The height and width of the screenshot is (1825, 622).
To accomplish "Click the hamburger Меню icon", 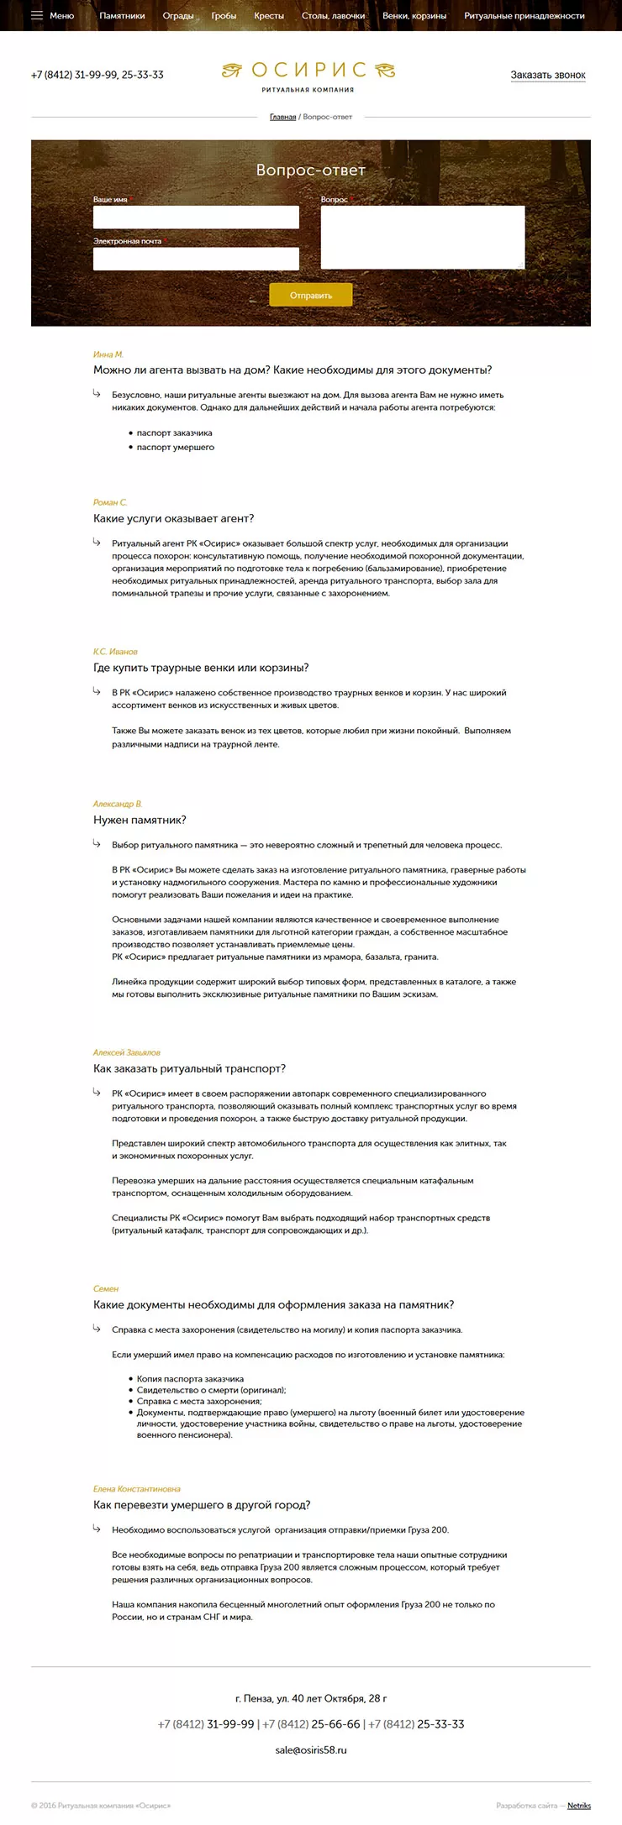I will [37, 15].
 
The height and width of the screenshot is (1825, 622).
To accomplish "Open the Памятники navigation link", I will [122, 16].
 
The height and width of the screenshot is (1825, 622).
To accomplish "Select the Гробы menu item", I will [224, 16].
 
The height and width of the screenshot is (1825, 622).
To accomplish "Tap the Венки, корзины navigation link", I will [414, 16].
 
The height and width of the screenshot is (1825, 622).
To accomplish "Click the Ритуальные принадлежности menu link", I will [524, 16].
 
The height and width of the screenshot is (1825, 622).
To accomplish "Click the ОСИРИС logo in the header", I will [308, 75].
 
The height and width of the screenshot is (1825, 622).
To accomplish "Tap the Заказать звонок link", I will [548, 76].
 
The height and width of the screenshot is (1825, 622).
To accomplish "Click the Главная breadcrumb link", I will [282, 117].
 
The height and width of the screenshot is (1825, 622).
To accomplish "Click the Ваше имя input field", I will [196, 218].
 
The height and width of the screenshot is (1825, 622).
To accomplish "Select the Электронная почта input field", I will [196, 259].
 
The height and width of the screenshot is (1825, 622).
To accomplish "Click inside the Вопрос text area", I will [422, 238].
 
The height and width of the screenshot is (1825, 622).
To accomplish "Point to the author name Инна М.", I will [108, 354].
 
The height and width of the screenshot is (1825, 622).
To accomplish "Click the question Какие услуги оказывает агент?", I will [173, 519].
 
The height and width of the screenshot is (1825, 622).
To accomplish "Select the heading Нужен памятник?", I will [140, 821].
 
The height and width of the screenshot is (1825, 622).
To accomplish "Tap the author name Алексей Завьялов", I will [126, 1052].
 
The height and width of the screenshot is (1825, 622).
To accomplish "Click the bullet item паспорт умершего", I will [176, 448].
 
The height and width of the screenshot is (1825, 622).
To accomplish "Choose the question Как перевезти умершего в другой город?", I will [202, 1505].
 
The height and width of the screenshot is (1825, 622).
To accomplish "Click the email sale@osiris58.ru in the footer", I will [311, 1750].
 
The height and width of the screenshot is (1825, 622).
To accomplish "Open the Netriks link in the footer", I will [578, 1806].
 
